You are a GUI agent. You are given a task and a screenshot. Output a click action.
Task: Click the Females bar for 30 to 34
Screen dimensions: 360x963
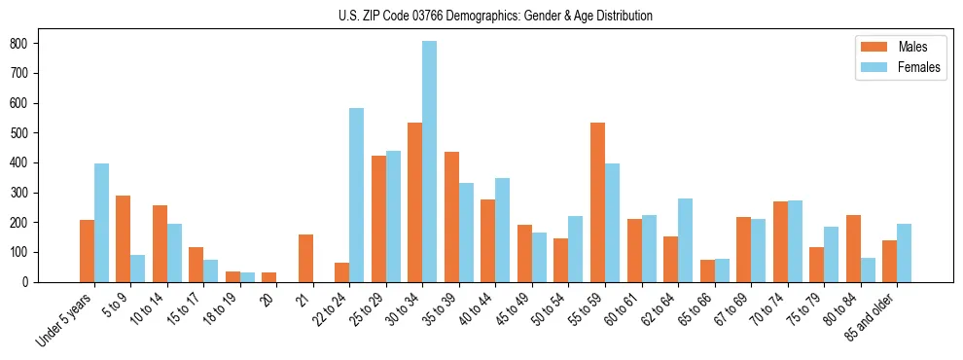(x=429, y=162)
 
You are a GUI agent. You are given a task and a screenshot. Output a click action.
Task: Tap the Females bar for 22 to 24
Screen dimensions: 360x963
(x=356, y=195)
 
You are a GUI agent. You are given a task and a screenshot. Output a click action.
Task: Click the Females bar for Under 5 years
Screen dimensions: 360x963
(x=101, y=223)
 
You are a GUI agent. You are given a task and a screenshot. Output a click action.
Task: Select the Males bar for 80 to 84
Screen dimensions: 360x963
(x=853, y=248)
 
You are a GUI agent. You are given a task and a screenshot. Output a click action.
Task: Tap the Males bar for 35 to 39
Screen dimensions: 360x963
(x=451, y=217)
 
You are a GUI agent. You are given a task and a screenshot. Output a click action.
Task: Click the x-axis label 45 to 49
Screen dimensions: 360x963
(x=515, y=309)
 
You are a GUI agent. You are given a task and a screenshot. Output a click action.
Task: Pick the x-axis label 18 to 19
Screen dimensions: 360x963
(x=223, y=309)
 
